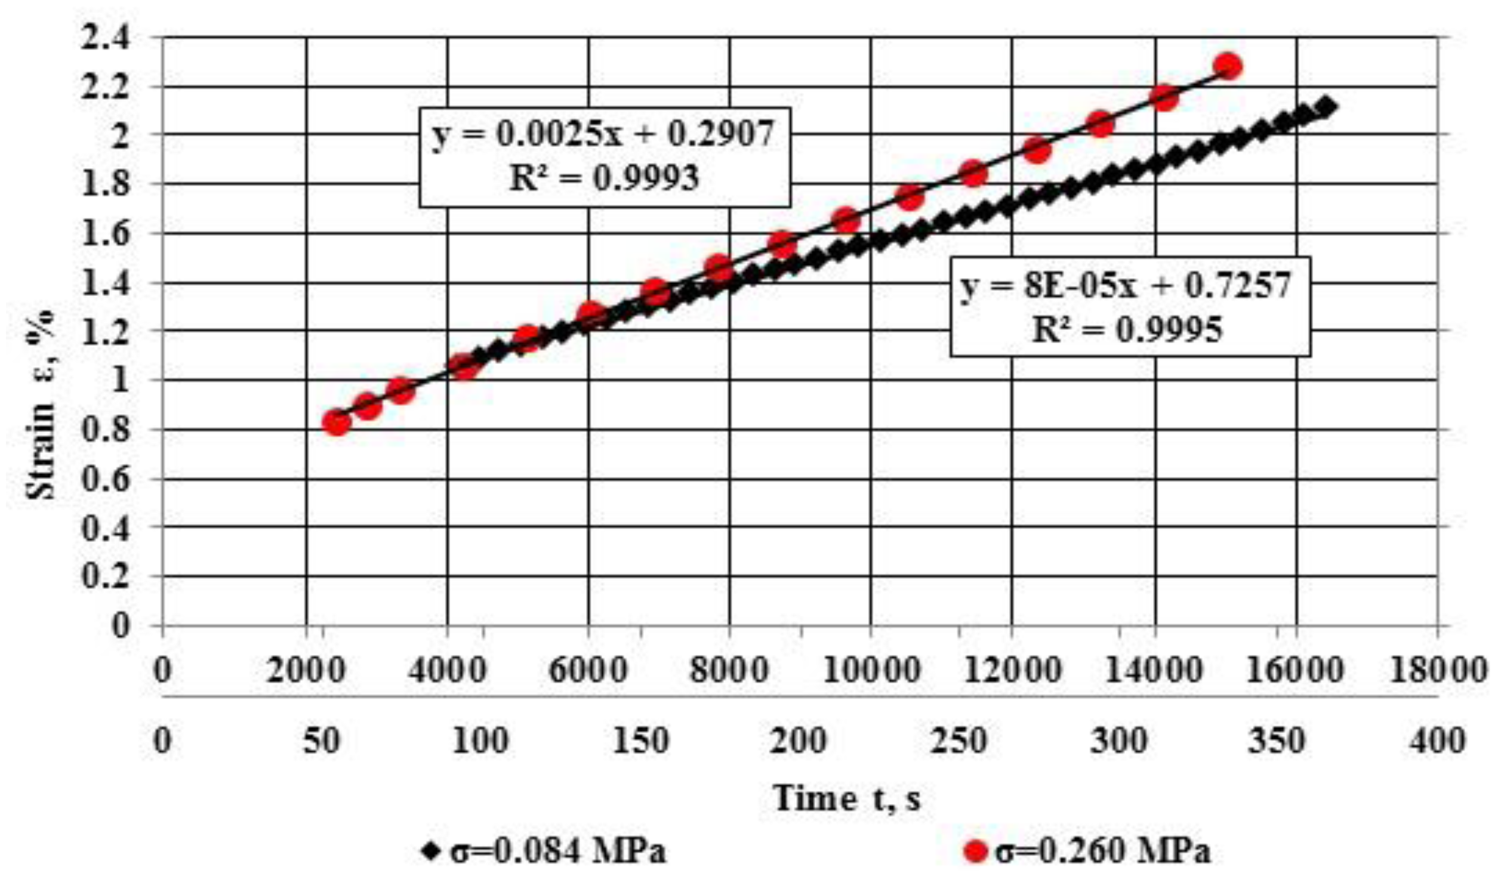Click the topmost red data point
[1226, 66]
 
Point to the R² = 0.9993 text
[603, 178]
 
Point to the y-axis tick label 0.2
[106, 576]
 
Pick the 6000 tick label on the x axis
[588, 670]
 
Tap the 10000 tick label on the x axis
[870, 670]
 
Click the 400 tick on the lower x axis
[1437, 742]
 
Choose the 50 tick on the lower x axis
[322, 742]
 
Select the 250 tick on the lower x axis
[958, 742]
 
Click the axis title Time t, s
[846, 798]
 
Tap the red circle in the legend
[976, 851]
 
